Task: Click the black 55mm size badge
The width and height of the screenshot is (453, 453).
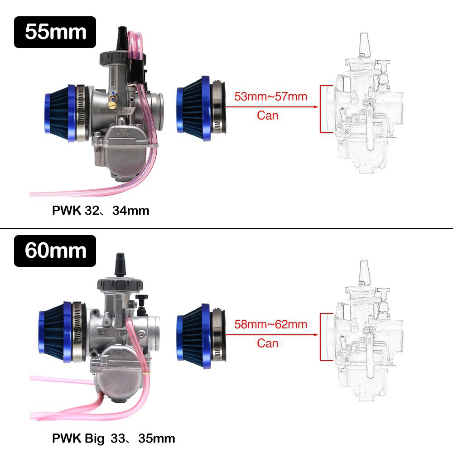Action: click(x=55, y=32)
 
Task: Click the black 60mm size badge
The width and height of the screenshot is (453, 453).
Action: click(x=55, y=251)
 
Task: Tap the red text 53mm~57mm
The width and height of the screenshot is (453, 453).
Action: click(x=270, y=96)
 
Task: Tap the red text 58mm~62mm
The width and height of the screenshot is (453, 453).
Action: click(x=270, y=324)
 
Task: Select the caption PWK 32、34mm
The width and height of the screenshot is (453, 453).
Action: click(x=101, y=211)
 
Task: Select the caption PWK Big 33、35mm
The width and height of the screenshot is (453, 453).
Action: click(x=113, y=438)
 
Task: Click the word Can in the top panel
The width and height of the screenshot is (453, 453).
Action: click(x=268, y=115)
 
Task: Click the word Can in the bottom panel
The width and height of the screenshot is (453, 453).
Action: click(x=268, y=343)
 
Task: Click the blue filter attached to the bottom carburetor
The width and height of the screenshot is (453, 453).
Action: click(x=57, y=334)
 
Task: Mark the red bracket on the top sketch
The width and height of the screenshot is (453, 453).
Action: click(x=322, y=109)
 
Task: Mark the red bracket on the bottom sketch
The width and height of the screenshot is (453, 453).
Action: click(x=322, y=337)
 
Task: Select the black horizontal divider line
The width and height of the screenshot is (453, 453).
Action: click(x=226, y=228)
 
